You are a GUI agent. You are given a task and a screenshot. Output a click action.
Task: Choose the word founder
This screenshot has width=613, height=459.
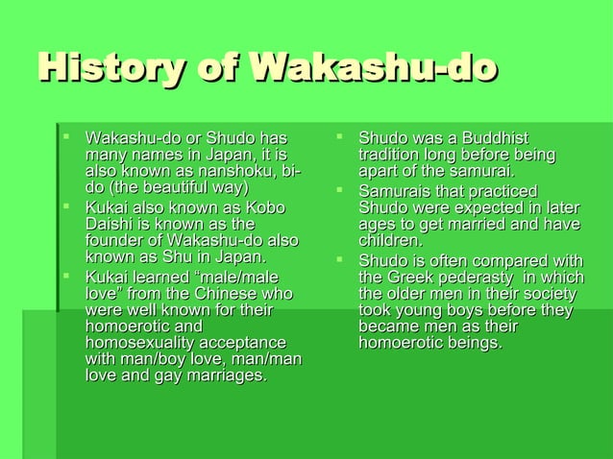click(x=116, y=240)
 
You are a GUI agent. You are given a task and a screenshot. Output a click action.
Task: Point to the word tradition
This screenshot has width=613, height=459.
click(x=392, y=155)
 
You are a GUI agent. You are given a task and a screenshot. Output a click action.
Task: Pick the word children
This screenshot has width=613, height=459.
click(x=390, y=241)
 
